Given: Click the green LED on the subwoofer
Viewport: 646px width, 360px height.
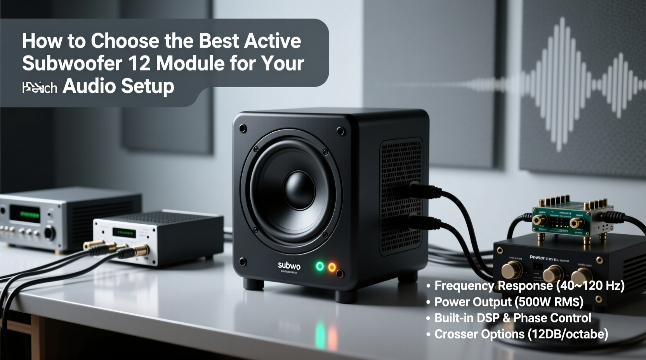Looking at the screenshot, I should click(320, 266).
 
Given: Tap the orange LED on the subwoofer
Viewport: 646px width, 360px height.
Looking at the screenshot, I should click(332, 267).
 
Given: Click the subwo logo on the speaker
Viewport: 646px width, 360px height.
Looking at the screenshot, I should click(289, 266).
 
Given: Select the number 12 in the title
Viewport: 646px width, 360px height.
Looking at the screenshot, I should click(139, 63).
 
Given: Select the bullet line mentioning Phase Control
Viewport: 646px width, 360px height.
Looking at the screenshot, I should click(512, 318).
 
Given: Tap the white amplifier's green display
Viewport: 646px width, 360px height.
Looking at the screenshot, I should click(124, 233).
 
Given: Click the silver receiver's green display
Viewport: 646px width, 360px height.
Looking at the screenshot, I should click(25, 215).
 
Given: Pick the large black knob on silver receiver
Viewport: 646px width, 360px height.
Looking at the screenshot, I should click(50, 233).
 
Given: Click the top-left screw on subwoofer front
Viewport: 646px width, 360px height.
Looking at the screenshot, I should click(243, 128).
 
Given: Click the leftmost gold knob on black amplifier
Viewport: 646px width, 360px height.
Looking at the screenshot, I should click(511, 270).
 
